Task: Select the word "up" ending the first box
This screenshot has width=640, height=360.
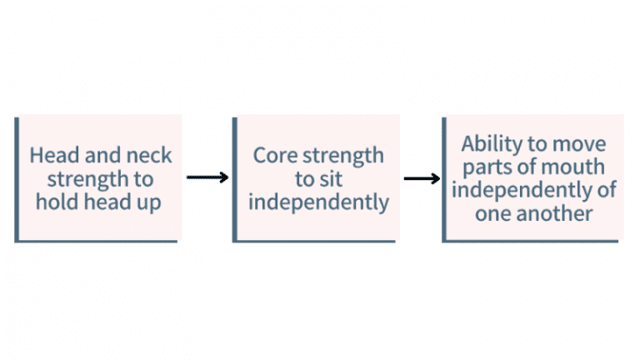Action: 152,202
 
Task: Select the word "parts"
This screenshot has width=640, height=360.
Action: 482,166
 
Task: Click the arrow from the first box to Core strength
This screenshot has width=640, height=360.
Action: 207,177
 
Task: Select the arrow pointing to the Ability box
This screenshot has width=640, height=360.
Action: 422,178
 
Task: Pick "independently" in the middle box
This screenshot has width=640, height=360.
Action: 319,202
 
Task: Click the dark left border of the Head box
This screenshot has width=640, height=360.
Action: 17,178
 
